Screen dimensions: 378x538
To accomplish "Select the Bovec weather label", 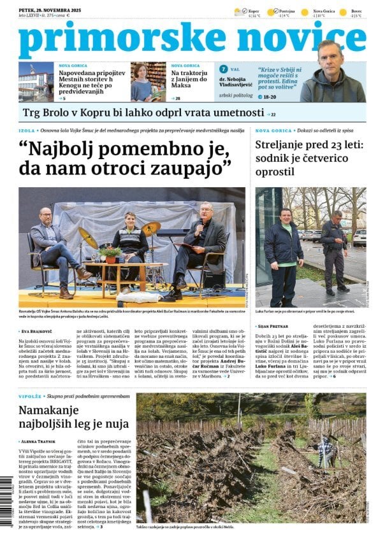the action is coord(356,11).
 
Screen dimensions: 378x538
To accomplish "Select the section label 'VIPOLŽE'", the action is coord(31,396).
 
